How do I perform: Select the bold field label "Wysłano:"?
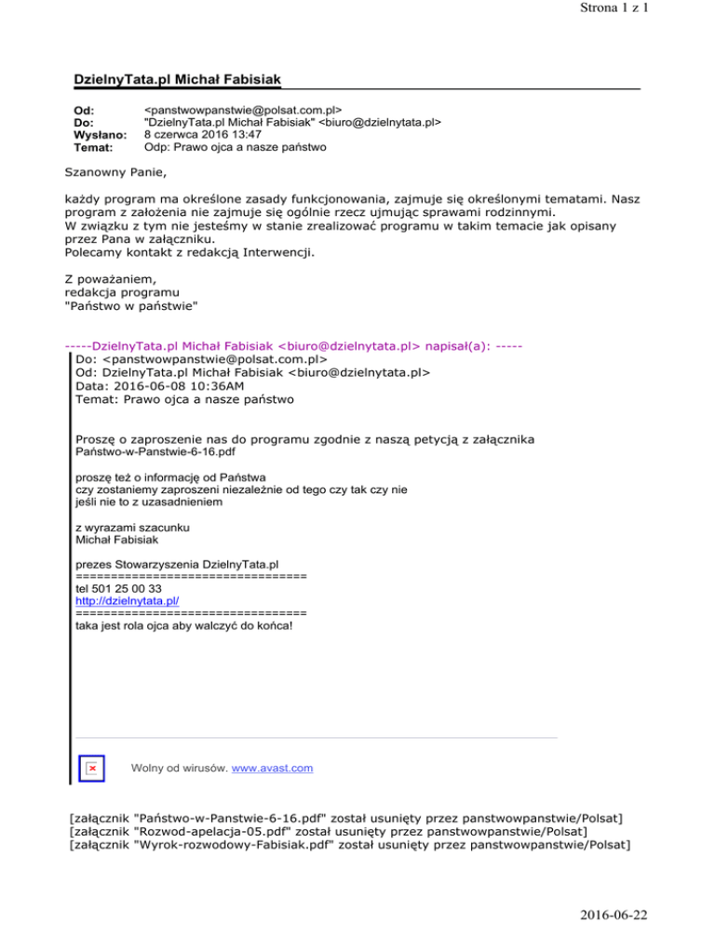point(101,134)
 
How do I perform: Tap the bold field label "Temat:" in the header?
point(93,147)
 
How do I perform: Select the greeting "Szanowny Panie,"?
point(118,172)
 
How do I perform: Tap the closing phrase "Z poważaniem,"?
point(115,276)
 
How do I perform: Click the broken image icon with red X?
point(92,769)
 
